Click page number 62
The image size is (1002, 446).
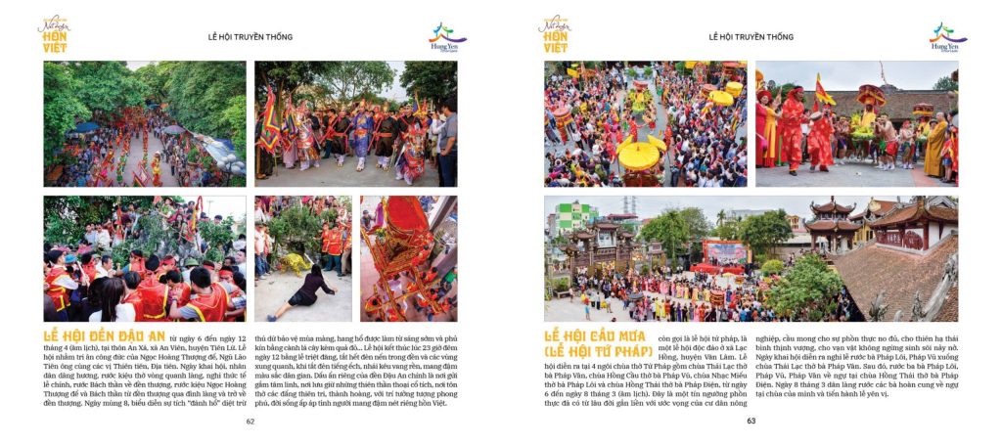250,422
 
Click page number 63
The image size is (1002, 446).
751,422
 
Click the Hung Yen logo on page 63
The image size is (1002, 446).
947,37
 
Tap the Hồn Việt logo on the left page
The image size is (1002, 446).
55,33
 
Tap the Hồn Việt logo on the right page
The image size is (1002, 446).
555,33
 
